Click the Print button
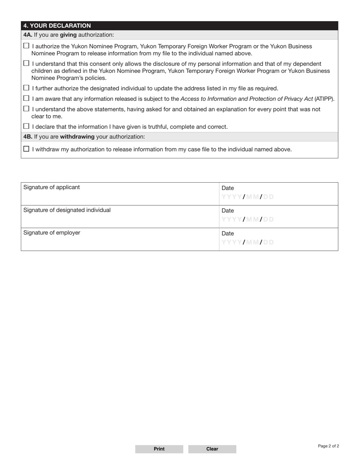(x=159, y=449)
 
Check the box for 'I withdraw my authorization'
(x=26, y=149)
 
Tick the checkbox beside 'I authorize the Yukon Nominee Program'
(x=26, y=46)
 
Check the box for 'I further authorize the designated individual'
(x=26, y=88)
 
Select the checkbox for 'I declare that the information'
(x=26, y=126)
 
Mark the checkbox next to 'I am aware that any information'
(x=26, y=99)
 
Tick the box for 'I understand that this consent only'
(x=26, y=63)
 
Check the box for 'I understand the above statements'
(x=26, y=109)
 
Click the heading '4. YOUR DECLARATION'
(x=57, y=26)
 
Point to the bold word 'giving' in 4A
(x=68, y=35)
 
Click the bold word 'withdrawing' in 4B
(x=77, y=136)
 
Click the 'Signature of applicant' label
(x=52, y=187)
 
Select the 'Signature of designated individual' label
(x=67, y=210)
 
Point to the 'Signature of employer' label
(x=52, y=233)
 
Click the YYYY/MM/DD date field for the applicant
(x=247, y=197)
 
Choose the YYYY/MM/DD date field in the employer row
(x=247, y=242)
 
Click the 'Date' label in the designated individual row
(x=228, y=211)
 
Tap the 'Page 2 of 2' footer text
(x=329, y=446)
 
